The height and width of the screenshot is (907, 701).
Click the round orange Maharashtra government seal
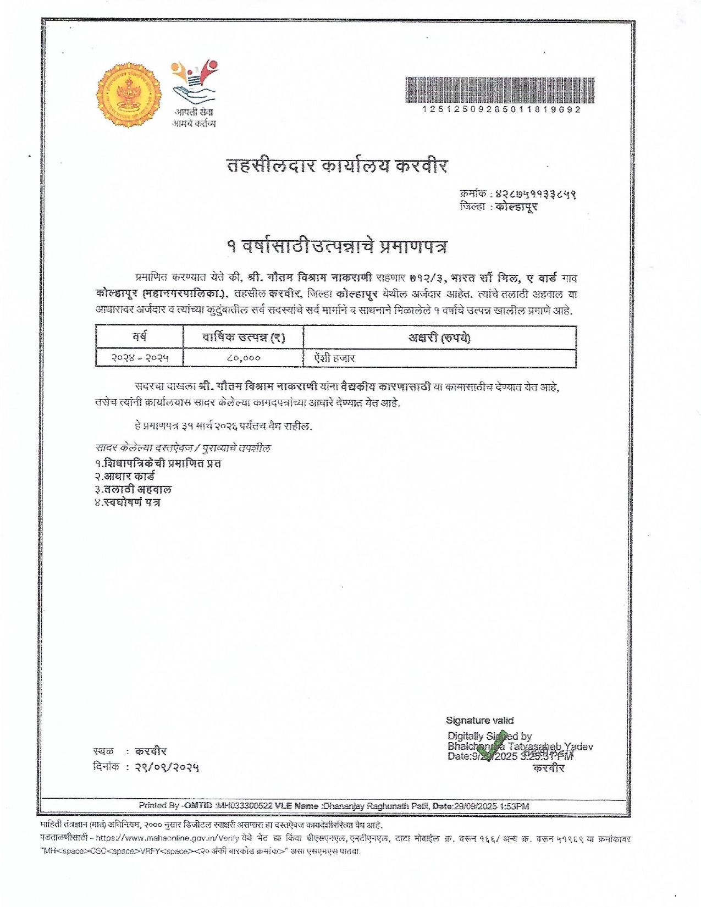129,95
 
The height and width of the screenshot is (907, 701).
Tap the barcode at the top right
500,90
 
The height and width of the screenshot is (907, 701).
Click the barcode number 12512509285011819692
501,109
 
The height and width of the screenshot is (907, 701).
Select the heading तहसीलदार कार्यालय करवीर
337,165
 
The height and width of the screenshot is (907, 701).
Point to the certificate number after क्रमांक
535,193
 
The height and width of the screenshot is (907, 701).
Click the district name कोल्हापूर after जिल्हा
516,207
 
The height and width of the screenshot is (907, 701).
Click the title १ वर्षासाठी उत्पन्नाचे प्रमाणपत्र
337,246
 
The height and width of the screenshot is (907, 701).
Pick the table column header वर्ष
140,336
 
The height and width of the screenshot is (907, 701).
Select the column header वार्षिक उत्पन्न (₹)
243,337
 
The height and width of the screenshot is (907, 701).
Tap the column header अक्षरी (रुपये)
439,337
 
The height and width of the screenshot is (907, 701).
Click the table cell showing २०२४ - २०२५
140,358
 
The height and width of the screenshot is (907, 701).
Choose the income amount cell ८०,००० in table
243,358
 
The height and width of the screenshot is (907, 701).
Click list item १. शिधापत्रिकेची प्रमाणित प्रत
158,463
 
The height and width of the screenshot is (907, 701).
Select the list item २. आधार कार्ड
125,476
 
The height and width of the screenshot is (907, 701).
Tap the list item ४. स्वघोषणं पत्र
128,502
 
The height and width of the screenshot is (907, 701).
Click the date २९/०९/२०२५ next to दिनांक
167,767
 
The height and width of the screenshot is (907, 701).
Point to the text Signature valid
479,720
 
